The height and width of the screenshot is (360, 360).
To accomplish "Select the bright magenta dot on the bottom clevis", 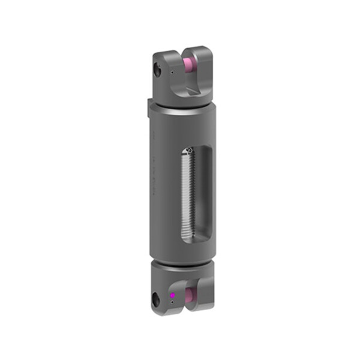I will tap(172, 295).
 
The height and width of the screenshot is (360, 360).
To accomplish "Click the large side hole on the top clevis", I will tap(158, 70).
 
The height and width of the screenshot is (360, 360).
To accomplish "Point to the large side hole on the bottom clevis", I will tap(157, 298).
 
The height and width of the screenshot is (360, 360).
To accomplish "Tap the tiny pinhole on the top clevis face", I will tap(172, 73).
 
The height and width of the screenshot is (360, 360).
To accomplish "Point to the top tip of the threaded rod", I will tap(188, 151).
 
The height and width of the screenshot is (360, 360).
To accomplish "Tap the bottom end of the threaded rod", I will tap(188, 238).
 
